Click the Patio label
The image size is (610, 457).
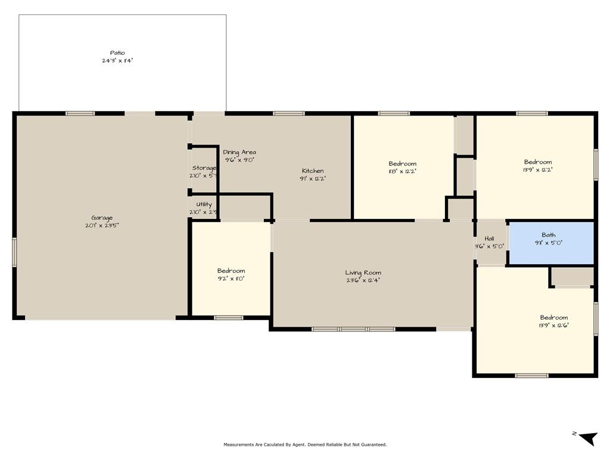coord(117,53)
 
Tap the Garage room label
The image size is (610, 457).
coord(102,218)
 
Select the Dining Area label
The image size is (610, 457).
coord(239,152)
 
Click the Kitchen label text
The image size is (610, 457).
coord(313,171)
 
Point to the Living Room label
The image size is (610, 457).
coord(363,273)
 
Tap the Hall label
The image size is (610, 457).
coord(489,238)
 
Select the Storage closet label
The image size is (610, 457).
coord(204,168)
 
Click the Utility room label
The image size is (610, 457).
coord(204,204)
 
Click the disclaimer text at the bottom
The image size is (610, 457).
coord(305,445)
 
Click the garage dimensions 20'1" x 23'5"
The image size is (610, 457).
coord(102,226)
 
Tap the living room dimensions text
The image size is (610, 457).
coord(363,280)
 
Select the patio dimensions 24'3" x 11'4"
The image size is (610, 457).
coord(117,61)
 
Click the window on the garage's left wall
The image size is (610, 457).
coord(14,252)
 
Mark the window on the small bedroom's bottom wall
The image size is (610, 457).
coord(229,318)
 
